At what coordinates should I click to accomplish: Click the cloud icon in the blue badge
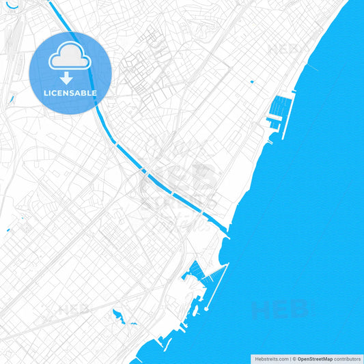click(x=70, y=57)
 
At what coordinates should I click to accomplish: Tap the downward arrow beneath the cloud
click(x=70, y=78)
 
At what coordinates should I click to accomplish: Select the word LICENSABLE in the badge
click(x=70, y=93)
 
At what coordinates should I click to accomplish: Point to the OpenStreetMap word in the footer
click(x=315, y=359)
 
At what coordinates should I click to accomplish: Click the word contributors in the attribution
click(x=348, y=359)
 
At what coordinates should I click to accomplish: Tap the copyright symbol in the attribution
click(x=294, y=359)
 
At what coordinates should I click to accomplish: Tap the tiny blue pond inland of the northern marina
click(x=252, y=82)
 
